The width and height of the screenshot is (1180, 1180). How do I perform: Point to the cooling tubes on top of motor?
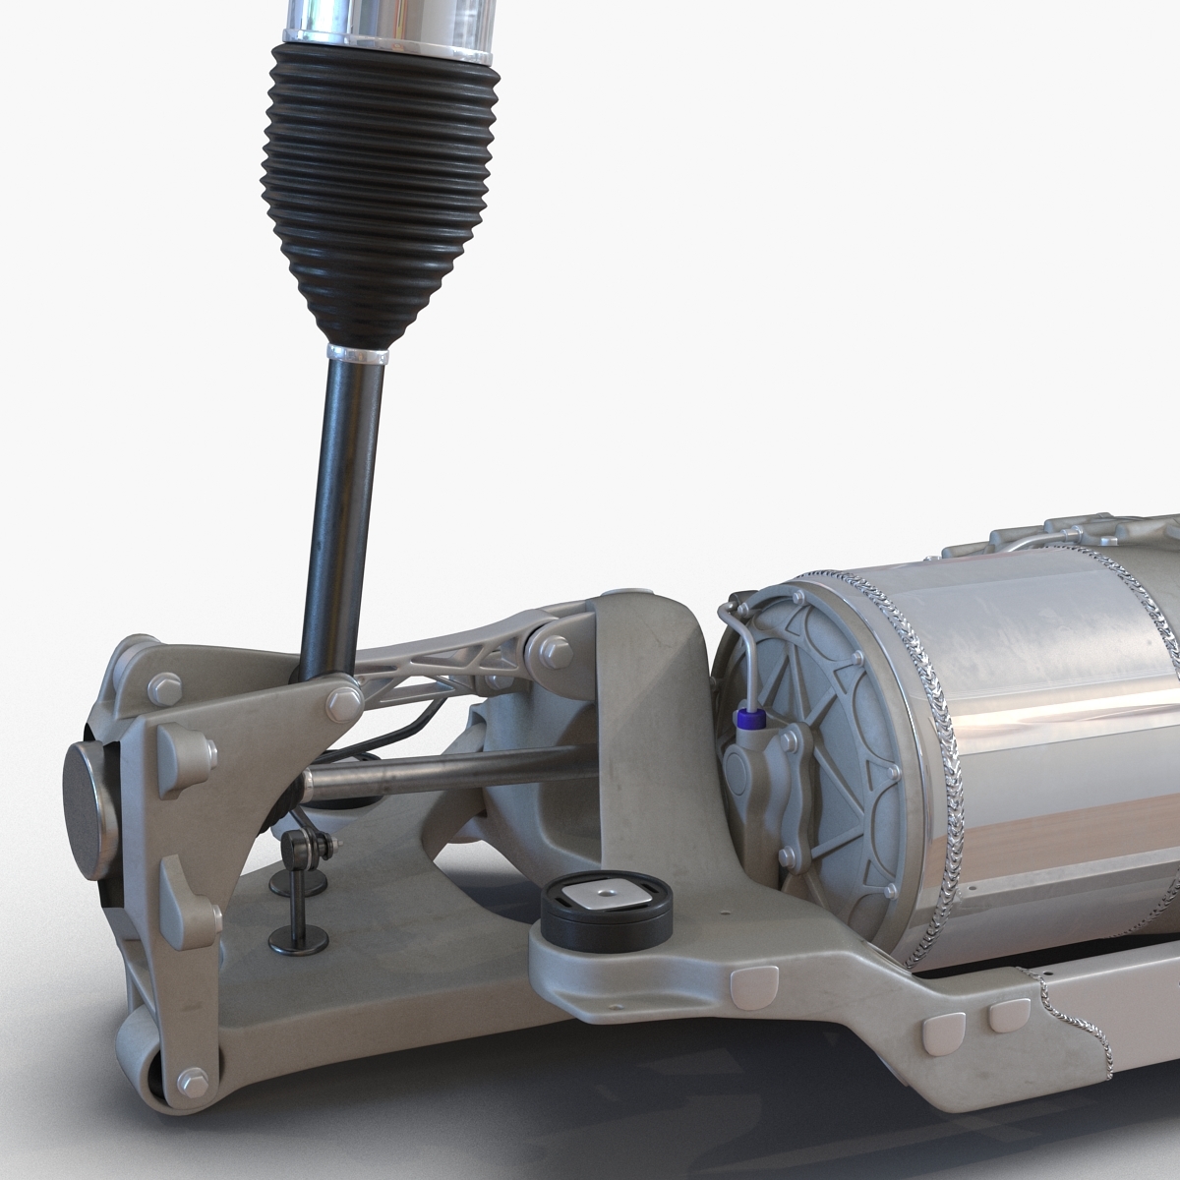(1062, 536)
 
